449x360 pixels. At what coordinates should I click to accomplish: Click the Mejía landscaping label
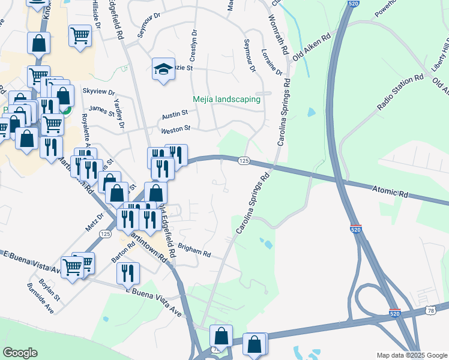(x=226, y=99)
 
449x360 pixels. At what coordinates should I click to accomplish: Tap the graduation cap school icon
(x=163, y=70)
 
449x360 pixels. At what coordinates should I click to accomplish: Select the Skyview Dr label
(x=98, y=91)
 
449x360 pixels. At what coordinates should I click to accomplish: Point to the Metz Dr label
(x=95, y=221)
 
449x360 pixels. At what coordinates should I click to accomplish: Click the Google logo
(x=20, y=353)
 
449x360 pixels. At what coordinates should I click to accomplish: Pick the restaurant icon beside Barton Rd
(x=128, y=273)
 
